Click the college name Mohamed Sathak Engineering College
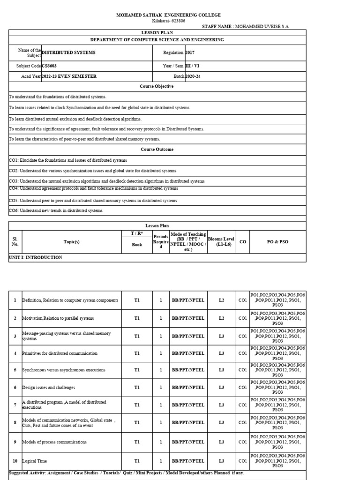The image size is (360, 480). (168, 15)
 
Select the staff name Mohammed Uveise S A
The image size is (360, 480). (246, 27)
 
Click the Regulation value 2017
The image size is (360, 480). (190, 53)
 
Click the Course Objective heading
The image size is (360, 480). (157, 87)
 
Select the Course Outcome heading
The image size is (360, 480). (157, 150)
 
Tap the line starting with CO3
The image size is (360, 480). (106, 181)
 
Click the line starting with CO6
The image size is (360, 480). (55, 211)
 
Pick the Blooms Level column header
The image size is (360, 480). (221, 242)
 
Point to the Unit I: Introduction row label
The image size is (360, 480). (36, 258)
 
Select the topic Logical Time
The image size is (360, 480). (34, 461)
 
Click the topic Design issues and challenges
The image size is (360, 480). (48, 388)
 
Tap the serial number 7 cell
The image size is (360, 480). (15, 405)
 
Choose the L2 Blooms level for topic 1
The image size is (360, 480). (221, 300)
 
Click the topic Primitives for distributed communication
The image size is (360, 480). (60, 353)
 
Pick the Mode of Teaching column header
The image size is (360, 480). (188, 242)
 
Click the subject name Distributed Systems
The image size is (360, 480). (68, 53)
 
